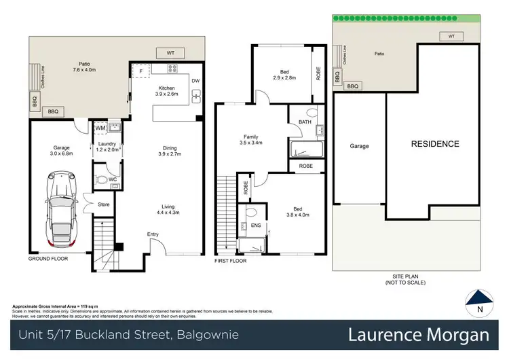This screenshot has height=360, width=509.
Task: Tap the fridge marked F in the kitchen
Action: coord(140,70)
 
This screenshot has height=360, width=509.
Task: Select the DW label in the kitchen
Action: coord(195,81)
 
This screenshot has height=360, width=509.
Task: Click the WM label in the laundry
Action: coord(100,127)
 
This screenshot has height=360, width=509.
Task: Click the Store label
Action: coord(103,203)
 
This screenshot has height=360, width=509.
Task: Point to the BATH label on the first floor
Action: coord(304,122)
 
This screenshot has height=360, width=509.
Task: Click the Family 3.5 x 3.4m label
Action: coord(251,140)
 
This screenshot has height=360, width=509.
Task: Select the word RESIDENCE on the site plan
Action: coord(434,144)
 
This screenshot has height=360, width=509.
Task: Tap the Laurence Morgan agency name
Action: coord(418,335)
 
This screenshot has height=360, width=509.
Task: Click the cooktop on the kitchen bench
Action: coord(172,68)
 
